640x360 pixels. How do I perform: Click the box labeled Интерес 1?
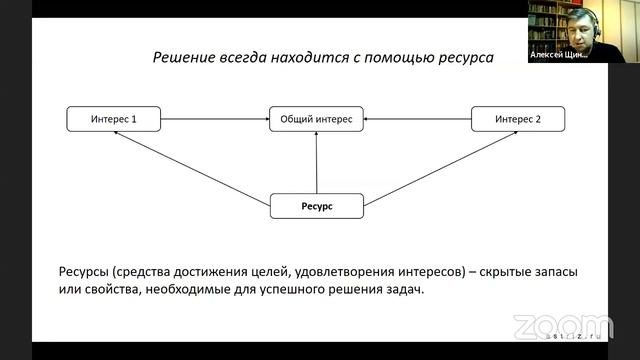tap(113, 119)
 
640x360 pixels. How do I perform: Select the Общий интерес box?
tap(316, 119)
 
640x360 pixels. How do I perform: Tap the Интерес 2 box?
tap(518, 119)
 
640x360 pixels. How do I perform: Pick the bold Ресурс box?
tap(316, 206)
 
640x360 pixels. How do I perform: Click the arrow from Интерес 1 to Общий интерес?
tap(214, 119)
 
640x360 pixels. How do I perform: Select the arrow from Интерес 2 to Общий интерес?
tap(417, 119)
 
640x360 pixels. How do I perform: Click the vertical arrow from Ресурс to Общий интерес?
tap(316, 162)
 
